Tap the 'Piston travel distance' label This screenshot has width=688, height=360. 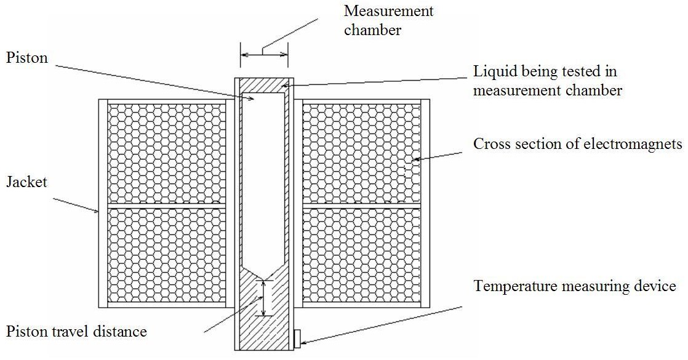(x=76, y=332)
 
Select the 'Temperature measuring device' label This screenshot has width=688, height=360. (x=575, y=286)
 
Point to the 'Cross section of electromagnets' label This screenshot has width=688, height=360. (x=578, y=144)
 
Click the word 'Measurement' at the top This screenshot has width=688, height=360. (x=388, y=11)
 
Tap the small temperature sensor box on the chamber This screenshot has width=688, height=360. (x=297, y=337)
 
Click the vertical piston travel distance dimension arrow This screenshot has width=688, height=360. (x=264, y=298)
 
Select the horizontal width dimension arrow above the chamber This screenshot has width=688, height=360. (x=264, y=55)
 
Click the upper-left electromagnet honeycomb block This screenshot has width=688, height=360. (x=166, y=153)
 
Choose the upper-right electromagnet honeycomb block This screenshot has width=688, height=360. (x=361, y=153)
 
